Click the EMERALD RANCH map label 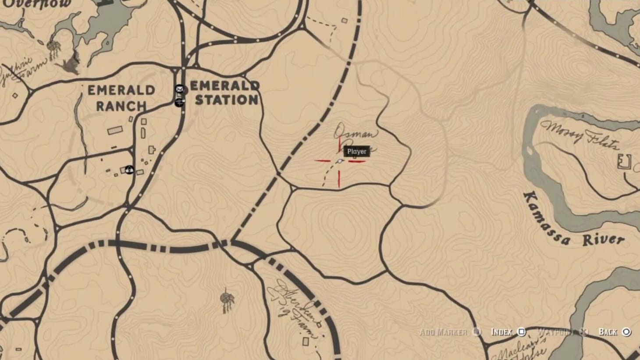pyautogui.click(x=121, y=98)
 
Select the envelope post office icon pyautogui.click(x=180, y=89)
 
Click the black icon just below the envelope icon pyautogui.click(x=179, y=102)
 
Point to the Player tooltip pyautogui.click(x=357, y=151)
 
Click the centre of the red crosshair pyautogui.click(x=339, y=161)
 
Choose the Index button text pyautogui.click(x=501, y=332)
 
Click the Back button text pyautogui.click(x=608, y=332)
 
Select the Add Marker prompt pyautogui.click(x=443, y=332)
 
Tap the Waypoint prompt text pyautogui.click(x=555, y=332)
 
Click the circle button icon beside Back pyautogui.click(x=627, y=332)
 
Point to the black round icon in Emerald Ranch pyautogui.click(x=129, y=169)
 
